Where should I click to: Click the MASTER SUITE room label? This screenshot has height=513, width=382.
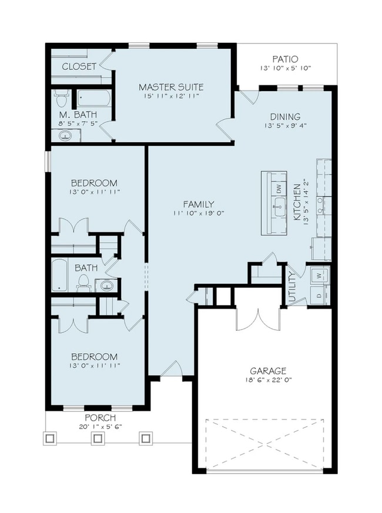(x=169, y=87)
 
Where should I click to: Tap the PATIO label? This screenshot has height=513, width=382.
(x=285, y=59)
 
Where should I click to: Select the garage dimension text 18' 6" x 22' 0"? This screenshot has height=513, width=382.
(x=268, y=381)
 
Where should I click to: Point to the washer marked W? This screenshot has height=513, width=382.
(x=319, y=275)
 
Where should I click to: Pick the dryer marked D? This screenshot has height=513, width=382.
(x=319, y=294)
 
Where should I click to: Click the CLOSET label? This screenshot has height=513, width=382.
(x=79, y=66)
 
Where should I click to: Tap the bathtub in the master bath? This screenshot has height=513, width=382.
(x=94, y=97)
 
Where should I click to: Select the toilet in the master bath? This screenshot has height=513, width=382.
(x=61, y=98)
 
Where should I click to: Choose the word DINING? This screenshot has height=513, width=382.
(x=285, y=116)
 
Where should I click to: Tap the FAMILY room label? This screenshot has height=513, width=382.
(x=198, y=203)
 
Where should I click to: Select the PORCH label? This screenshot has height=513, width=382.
(x=99, y=417)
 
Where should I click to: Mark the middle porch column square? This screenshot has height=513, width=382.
(x=98, y=438)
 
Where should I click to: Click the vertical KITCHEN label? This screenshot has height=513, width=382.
(x=297, y=201)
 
